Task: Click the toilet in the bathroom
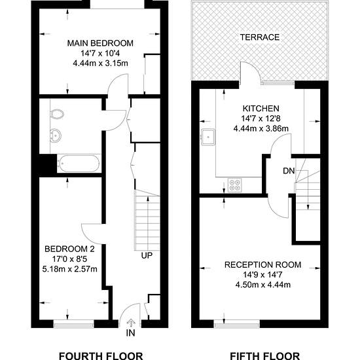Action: (57, 114)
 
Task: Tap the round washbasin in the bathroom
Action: (56, 135)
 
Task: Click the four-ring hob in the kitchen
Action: (234, 185)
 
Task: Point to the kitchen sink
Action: (208, 137)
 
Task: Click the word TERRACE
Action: (260, 37)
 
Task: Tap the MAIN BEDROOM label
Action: (100, 43)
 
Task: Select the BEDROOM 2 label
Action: (69, 249)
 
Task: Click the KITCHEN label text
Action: (261, 109)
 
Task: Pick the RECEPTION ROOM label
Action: (262, 264)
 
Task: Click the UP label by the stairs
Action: (147, 255)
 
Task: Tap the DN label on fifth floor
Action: (289, 171)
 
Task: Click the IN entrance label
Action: (130, 333)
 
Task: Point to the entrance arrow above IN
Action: (131, 323)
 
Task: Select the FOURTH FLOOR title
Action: (101, 356)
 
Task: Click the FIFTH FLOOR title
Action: (264, 356)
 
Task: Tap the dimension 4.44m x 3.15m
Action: (100, 63)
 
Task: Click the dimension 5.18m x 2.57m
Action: (70, 269)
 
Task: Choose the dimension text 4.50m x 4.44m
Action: (263, 285)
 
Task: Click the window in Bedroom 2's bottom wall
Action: (74, 324)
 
